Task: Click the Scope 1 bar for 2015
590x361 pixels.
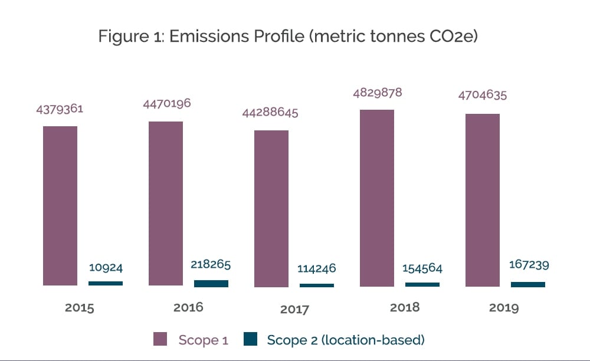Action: tap(60, 206)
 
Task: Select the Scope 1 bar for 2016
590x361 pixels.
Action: tap(166, 204)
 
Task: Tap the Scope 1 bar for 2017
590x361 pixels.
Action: tap(271, 208)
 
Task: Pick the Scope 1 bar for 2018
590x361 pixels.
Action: tap(376, 198)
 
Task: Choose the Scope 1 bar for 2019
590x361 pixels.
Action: tap(482, 200)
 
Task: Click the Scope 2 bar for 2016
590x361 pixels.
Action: tap(211, 284)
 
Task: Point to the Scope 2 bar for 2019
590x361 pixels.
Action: tap(528, 284)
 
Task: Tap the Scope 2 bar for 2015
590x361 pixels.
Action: tap(106, 284)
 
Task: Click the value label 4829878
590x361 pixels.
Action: tap(376, 93)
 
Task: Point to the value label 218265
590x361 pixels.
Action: tap(211, 265)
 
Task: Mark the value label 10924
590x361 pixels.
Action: tap(106, 267)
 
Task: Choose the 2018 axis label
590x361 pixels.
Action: tap(405, 307)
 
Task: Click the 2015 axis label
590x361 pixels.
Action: tap(79, 308)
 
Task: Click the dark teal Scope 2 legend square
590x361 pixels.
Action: tap(251, 339)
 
